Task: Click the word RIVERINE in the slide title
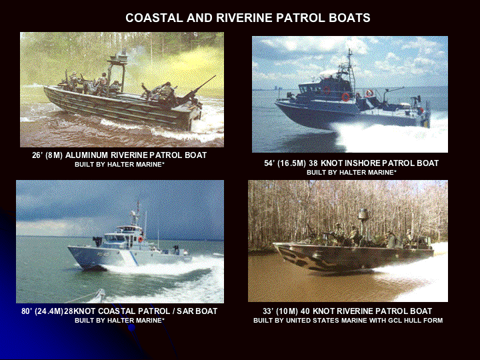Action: click(x=244, y=18)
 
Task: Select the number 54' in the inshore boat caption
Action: click(x=269, y=163)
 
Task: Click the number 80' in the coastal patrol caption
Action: click(x=26, y=311)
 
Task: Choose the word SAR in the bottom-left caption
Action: click(x=184, y=311)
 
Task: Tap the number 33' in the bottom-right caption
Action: click(x=268, y=311)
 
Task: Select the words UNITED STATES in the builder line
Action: click(x=309, y=321)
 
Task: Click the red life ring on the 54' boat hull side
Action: click(x=345, y=97)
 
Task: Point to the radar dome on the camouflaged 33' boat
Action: click(x=363, y=214)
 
